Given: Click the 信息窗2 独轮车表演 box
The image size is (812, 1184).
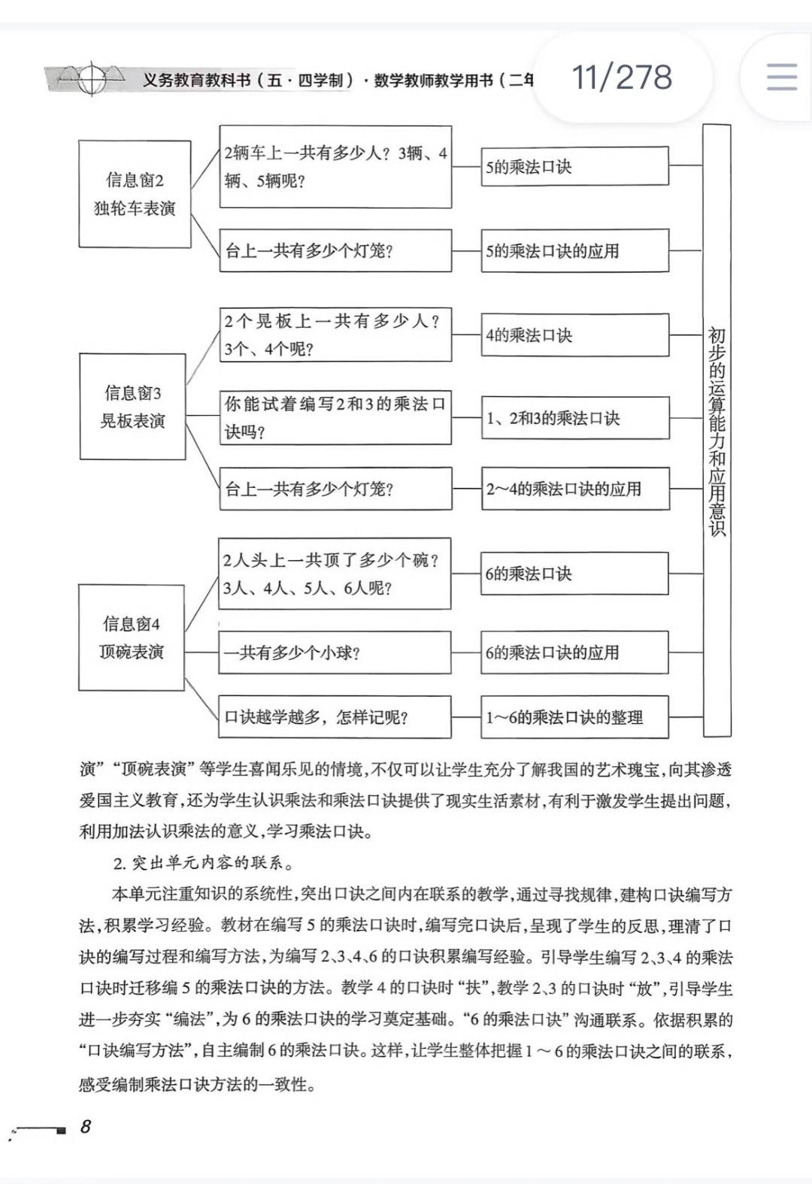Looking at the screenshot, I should coord(135,194).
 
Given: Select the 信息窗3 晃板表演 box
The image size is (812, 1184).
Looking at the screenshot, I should coord(132,407).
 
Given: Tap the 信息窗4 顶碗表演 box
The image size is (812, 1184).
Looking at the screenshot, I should coord(132,637).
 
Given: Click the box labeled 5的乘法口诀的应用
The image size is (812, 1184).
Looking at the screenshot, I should coord(575,251).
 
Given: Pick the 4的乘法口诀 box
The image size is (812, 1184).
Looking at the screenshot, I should coord(575,335).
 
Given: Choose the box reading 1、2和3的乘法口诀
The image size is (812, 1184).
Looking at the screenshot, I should coord(575,418).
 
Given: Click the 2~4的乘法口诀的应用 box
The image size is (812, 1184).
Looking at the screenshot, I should coord(575,489).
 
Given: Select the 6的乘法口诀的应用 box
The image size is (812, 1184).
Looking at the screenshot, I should coord(575,653).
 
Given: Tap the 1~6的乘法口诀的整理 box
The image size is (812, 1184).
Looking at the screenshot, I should coord(575,717).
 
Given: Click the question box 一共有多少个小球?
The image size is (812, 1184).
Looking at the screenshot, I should coord(335,653).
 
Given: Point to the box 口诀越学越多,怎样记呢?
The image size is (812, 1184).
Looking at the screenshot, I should coord(335,717).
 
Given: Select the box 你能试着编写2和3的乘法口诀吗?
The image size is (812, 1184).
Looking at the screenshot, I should coord(335,418).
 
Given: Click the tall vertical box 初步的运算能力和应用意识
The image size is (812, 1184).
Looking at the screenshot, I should coord(717,430).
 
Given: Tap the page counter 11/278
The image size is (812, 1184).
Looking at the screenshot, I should coord(622,77).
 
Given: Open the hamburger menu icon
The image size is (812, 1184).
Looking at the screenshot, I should coord(781,77).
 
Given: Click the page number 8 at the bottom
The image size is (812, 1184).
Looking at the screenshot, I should coord(86,1126).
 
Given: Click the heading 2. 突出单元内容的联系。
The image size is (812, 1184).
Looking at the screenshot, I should coord(203,863).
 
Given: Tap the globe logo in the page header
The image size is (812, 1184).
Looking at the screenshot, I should coord(92,78).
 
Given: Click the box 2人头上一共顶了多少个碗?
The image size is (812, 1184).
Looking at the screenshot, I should coord(335,574).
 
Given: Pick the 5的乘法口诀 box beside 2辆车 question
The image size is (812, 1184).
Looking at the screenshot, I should coord(575,167).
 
